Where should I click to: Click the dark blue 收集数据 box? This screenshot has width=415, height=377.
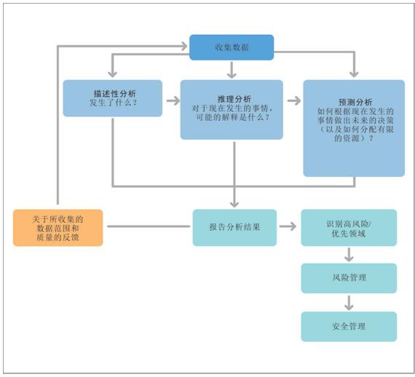232,47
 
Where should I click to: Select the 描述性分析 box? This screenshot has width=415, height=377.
112,98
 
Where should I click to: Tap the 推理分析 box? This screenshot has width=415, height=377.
232,109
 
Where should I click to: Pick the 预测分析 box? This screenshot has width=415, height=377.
354,128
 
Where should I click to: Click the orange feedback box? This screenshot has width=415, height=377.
58,228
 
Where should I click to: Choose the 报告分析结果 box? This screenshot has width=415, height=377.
234,228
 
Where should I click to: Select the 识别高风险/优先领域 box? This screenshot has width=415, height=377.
349,228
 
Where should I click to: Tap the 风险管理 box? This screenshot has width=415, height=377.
349,278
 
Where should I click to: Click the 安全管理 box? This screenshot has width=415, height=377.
349,327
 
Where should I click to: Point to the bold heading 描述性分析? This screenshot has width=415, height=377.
114,93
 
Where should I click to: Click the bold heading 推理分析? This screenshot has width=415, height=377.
234,99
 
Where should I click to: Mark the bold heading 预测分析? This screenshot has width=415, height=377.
355,102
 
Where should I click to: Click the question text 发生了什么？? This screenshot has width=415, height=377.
113,103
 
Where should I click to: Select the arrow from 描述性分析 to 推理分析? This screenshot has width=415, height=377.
173,100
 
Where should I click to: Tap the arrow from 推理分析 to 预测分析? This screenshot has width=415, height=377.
294,100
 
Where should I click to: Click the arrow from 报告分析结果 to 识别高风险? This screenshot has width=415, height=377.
288,226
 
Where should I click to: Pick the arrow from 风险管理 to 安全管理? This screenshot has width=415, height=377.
349,303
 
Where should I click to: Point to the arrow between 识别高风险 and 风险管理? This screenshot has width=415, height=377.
349,255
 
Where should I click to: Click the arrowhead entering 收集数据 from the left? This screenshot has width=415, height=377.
184,46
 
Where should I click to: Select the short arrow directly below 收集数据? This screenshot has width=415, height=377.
232,70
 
